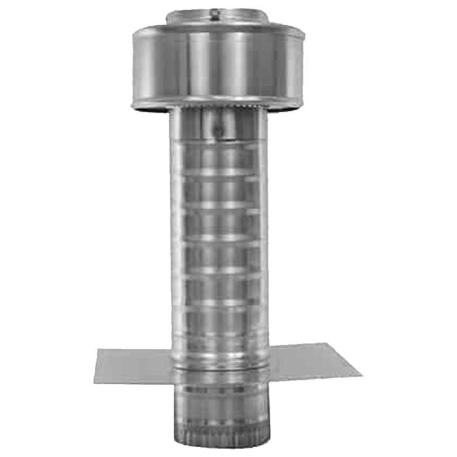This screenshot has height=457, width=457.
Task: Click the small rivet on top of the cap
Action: pyautogui.click(x=215, y=11)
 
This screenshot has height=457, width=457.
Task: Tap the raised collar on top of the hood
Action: pyautogui.click(x=216, y=18)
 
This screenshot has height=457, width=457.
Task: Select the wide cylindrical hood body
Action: pyautogui.click(x=216, y=65)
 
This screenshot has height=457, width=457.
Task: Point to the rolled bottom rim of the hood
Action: pyautogui.click(x=216, y=105)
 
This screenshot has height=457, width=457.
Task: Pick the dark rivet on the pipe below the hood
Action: pyautogui.click(x=219, y=131)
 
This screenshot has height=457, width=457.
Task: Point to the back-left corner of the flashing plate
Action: pyautogui.click(x=98, y=351)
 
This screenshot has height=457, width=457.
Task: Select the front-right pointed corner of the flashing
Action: pyautogui.click(x=361, y=376)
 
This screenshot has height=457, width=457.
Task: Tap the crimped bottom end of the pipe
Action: pyautogui.click(x=218, y=445)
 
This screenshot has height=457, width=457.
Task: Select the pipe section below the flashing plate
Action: pyautogui.click(x=218, y=411)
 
